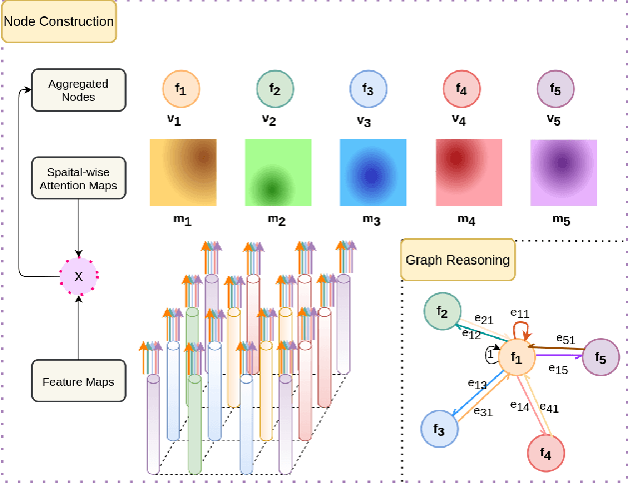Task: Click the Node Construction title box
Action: pos(59,21)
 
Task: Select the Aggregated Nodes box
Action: pos(78,90)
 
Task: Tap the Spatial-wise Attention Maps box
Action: pos(78,176)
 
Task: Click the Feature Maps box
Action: pos(78,382)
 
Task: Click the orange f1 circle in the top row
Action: pos(180,90)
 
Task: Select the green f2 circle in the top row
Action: pos(274,90)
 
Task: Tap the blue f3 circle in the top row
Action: pos(368,90)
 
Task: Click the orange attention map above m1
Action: pos(182,172)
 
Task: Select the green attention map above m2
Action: pos(277,172)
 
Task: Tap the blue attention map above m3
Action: pos(371,172)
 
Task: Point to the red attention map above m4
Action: pos(467,172)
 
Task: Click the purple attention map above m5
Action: pos(562,172)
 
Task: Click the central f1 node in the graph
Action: pos(516,357)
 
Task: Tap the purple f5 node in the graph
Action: pos(600,356)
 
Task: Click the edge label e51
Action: pos(565,338)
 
